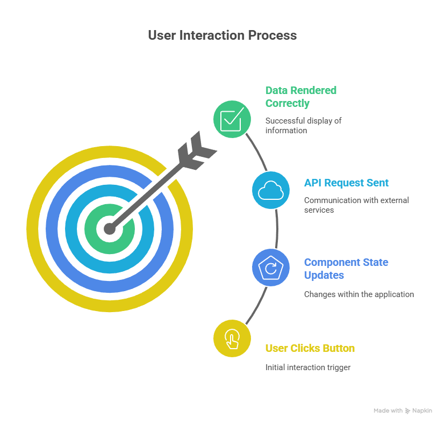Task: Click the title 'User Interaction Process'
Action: pyautogui.click(x=222, y=35)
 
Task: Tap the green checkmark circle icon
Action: pyautogui.click(x=232, y=119)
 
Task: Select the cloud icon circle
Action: pyautogui.click(x=270, y=190)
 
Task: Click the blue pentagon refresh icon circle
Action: pyautogui.click(x=270, y=268)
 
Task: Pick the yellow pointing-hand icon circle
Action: pyautogui.click(x=232, y=338)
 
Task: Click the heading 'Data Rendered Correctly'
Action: pyautogui.click(x=301, y=97)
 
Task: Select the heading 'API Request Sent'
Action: pyautogui.click(x=346, y=183)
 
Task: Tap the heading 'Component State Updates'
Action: pyautogui.click(x=346, y=269)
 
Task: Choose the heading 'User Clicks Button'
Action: pyautogui.click(x=310, y=348)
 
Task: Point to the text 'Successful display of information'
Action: pyautogui.click(x=303, y=125)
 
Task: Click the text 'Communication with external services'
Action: pyautogui.click(x=356, y=205)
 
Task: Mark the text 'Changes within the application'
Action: pyautogui.click(x=359, y=294)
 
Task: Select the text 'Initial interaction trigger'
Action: pyautogui.click(x=308, y=367)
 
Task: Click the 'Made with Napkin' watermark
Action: pyautogui.click(x=406, y=410)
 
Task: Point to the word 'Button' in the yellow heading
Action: pyautogui.click(x=339, y=348)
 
